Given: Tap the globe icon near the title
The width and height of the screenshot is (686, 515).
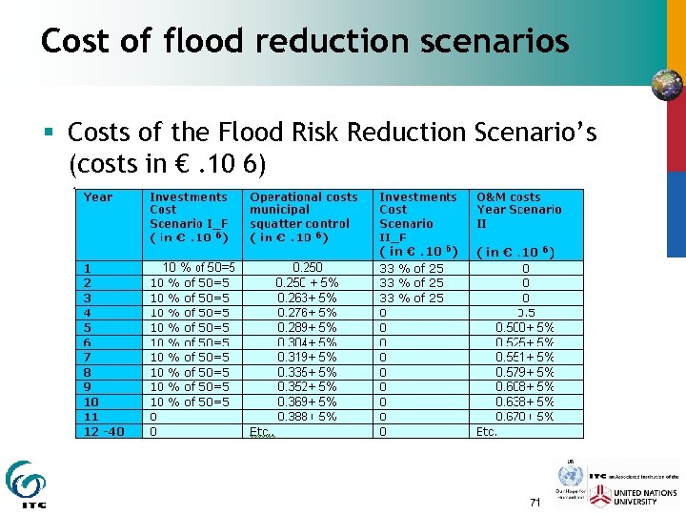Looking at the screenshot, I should (x=667, y=84).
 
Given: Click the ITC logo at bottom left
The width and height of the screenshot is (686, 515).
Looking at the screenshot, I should (x=25, y=484).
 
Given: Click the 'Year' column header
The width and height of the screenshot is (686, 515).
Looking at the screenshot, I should (x=97, y=197).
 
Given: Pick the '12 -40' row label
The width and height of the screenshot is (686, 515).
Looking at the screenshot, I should (x=105, y=431).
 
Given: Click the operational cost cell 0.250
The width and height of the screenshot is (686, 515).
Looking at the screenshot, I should (x=307, y=268).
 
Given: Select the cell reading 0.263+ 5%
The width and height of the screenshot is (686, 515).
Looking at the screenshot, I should (x=307, y=298).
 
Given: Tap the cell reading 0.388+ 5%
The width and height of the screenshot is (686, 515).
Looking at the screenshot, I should (x=307, y=416).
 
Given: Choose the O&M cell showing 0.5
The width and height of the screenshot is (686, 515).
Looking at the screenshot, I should (x=525, y=312).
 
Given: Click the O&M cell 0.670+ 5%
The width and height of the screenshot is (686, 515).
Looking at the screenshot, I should (x=525, y=416).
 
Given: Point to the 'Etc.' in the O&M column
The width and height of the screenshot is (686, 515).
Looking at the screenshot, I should (x=486, y=431).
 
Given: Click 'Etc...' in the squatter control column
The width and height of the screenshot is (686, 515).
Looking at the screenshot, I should (x=262, y=431).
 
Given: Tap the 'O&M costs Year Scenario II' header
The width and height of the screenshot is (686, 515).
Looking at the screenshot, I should (x=519, y=209).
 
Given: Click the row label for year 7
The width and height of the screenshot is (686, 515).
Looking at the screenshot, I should (x=88, y=357).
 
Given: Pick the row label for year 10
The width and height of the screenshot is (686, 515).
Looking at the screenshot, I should (x=91, y=402).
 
